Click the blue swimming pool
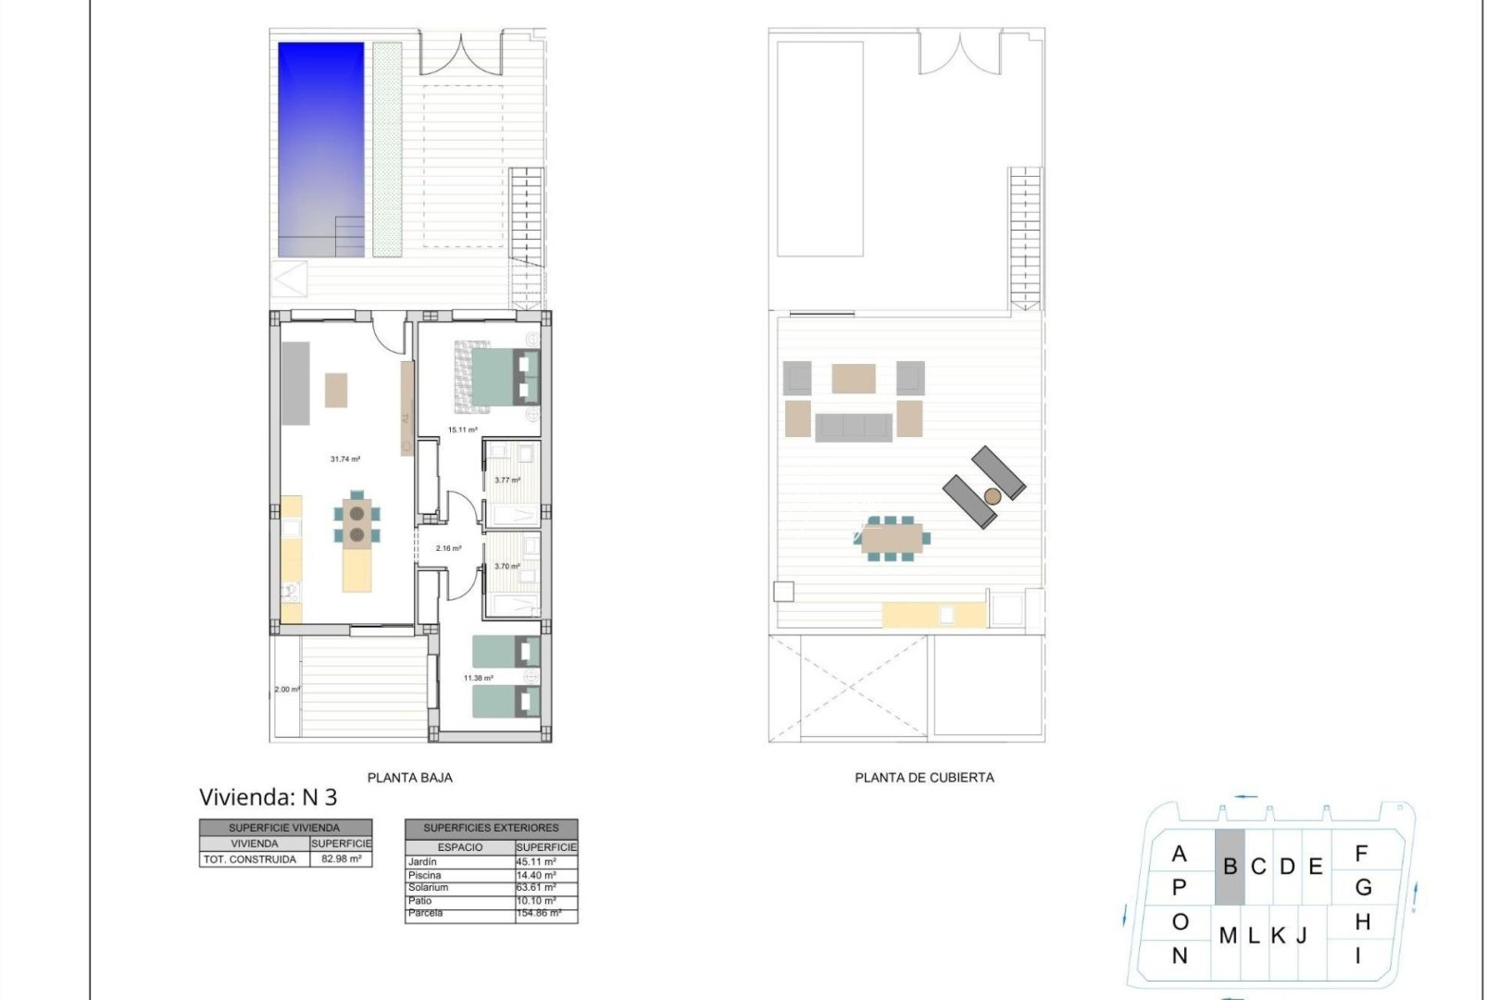click(320, 148)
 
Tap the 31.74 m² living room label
click(344, 459)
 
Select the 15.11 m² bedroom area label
click(462, 430)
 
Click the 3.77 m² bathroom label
click(506, 480)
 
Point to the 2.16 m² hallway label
click(448, 548)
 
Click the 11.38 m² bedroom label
click(478, 678)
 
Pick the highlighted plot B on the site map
click(1230, 868)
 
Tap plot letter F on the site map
click(1361, 853)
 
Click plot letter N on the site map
click(1179, 956)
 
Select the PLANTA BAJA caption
click(409, 778)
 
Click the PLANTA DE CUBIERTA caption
click(924, 778)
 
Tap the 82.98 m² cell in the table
click(341, 859)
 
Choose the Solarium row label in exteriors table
click(428, 887)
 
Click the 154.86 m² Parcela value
click(539, 913)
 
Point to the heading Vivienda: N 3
click(269, 797)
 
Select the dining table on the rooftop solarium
click(891, 538)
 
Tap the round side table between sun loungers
click(992, 496)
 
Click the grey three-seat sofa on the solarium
click(853, 426)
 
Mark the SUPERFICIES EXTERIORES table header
click(491, 828)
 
